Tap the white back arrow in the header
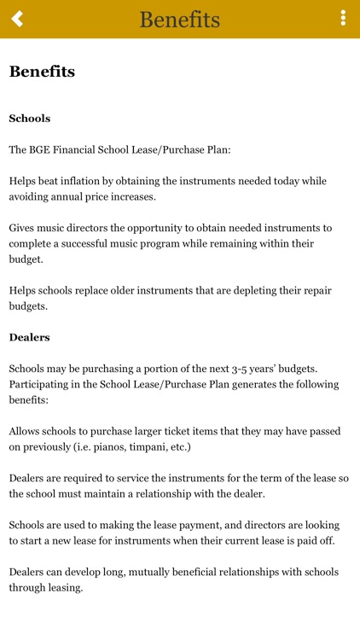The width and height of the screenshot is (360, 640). [x=17, y=18]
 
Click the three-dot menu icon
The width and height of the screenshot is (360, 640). [x=343, y=18]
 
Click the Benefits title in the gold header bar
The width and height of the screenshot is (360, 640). [x=180, y=19]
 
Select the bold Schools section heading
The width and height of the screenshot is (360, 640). [x=30, y=119]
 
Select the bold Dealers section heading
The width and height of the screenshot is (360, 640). [x=30, y=337]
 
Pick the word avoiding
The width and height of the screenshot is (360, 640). [x=33, y=196]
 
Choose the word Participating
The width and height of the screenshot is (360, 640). [x=43, y=384]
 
